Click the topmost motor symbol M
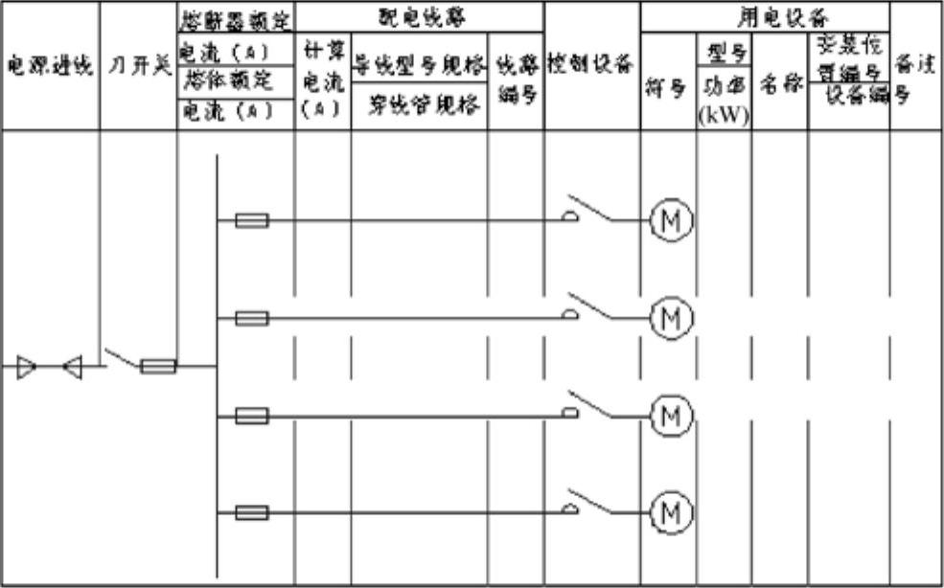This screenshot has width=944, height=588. point(672,221)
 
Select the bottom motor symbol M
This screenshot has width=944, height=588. point(672,513)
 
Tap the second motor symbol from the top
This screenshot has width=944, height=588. point(672,318)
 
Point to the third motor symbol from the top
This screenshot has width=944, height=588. point(672,416)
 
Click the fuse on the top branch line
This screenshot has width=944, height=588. point(251,221)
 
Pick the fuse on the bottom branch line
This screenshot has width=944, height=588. point(251,513)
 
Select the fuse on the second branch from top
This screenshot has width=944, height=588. point(251,318)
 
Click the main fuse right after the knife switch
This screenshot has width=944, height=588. point(158,366)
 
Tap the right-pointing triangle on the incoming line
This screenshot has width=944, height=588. point(27,366)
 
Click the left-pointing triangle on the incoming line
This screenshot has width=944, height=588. point(72,366)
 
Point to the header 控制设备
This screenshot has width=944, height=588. point(591,65)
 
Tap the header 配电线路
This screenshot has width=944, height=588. point(418,16)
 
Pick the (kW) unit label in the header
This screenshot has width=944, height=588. point(724,116)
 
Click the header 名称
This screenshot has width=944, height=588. point(779,84)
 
